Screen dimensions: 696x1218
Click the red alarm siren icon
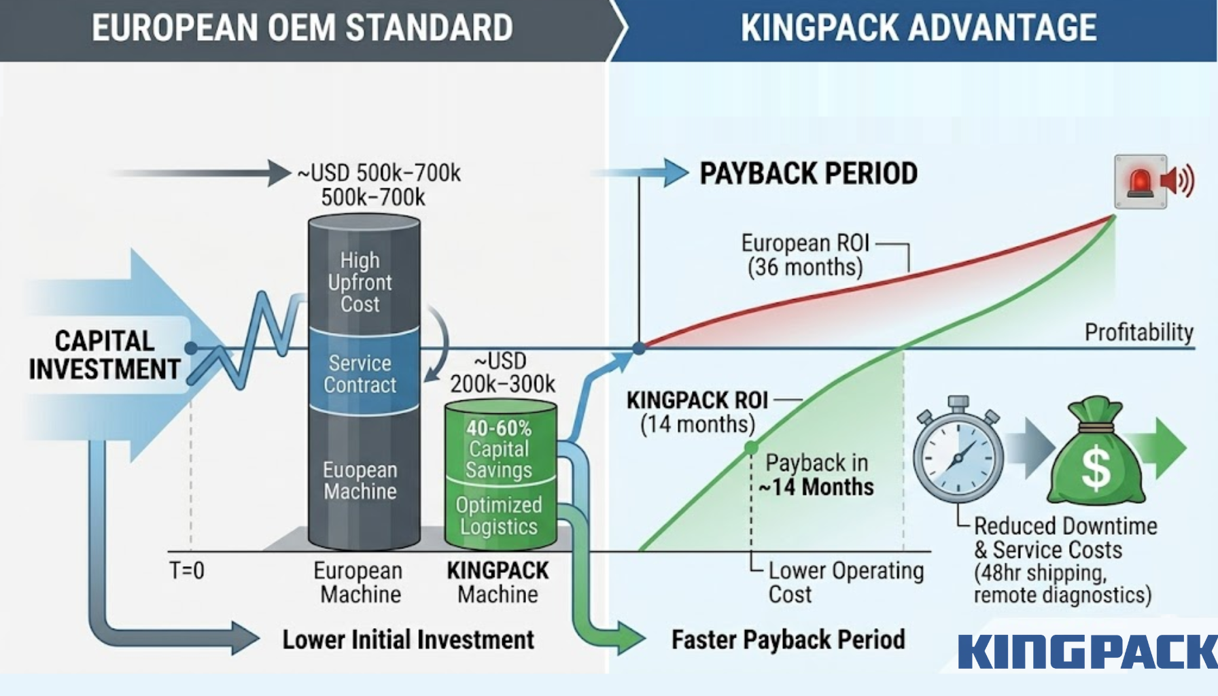pos(1141,181)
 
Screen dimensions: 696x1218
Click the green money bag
pos(1095,457)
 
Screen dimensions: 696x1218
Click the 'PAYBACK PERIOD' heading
pos(808,173)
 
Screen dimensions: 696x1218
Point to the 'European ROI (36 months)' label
pos(805,255)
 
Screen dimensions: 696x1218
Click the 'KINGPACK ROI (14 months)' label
pos(697,412)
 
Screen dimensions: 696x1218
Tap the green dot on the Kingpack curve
pos(751,447)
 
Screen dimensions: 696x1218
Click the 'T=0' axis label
pos(186,570)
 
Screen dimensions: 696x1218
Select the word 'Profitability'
pos(1138,332)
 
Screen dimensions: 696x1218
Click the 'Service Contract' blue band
pos(360,374)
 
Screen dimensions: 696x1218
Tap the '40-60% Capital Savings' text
pos(499,449)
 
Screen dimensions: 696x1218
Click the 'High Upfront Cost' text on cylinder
pos(360,282)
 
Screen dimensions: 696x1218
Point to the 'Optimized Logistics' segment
pos(499,516)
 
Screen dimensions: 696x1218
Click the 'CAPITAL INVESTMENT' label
pos(105,355)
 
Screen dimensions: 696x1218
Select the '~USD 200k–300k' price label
pos(502,372)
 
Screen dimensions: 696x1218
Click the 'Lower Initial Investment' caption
pos(408,640)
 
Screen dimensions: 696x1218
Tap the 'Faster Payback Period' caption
pos(788,640)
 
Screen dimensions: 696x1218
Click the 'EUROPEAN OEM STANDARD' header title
pos(302,28)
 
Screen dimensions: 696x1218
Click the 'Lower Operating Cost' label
pos(846,582)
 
